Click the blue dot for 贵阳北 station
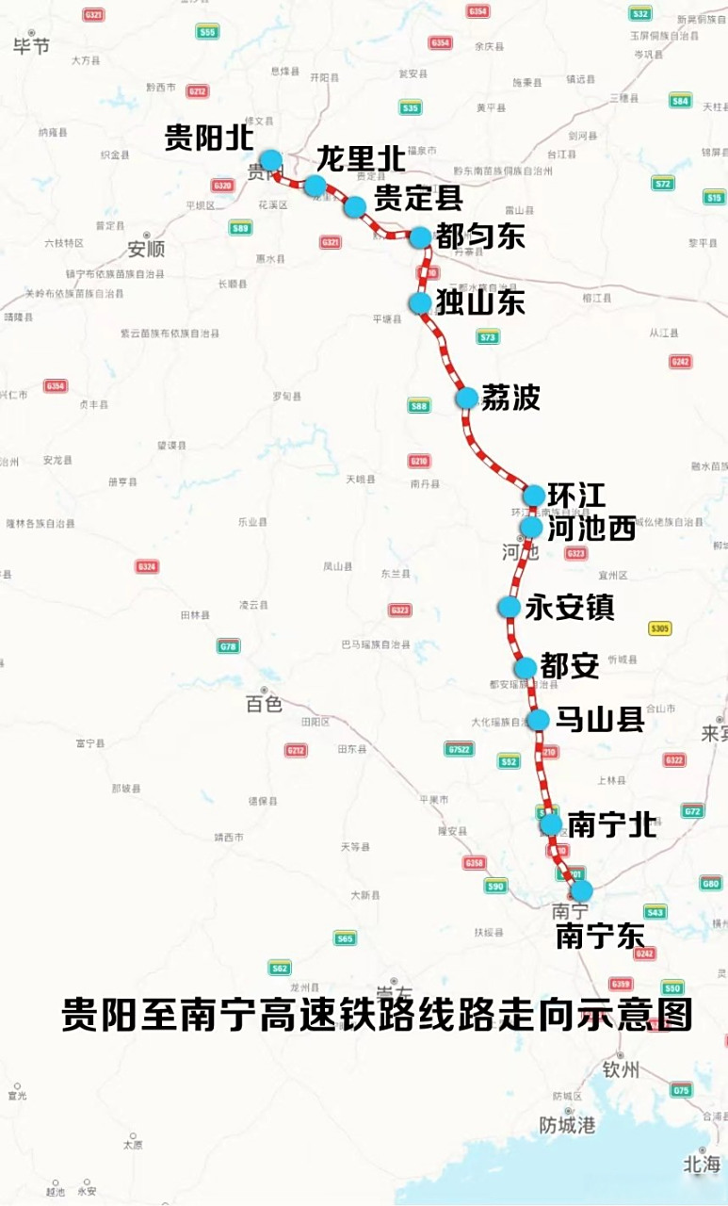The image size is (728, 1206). [271, 160]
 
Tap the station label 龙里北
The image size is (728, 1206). [361, 158]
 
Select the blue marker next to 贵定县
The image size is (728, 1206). [355, 206]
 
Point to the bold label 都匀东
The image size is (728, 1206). [480, 236]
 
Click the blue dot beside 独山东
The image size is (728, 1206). [420, 302]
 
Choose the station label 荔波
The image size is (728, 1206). [510, 398]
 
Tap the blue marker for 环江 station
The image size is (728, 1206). [533, 495]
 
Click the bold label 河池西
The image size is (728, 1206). [591, 529]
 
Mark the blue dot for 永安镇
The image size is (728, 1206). [509, 607]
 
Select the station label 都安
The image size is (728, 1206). [571, 667]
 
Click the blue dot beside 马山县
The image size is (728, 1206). [538, 721]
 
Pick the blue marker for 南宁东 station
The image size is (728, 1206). [582, 890]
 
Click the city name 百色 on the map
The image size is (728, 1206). [264, 704]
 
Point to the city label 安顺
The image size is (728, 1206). [146, 250]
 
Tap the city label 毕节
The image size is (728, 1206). [31, 46]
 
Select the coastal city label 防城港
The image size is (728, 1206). [567, 1125]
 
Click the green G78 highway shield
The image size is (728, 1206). [228, 646]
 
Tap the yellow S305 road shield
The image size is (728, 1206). [660, 628]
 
